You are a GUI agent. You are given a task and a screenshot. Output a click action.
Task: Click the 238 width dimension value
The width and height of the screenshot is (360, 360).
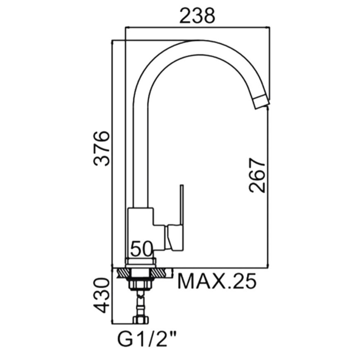click(x=197, y=16)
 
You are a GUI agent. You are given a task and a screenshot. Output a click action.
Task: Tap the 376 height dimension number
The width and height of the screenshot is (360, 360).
click(x=101, y=149)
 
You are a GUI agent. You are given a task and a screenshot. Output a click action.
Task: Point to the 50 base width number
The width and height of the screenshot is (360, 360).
click(x=141, y=249)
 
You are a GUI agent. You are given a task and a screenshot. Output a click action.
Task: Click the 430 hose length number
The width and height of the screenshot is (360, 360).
click(x=101, y=295)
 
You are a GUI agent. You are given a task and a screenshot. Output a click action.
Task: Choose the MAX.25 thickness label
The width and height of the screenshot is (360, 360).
click(x=217, y=281)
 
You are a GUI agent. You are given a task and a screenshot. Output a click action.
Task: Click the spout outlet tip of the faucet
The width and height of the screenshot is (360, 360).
click(x=261, y=103)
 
